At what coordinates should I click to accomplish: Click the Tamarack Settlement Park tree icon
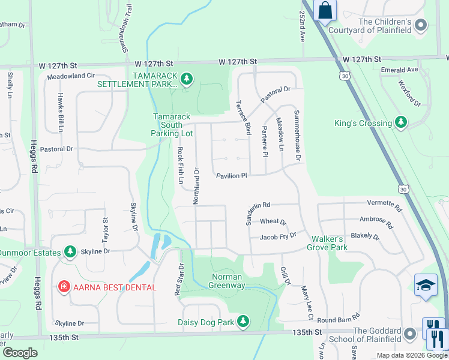click(187, 78)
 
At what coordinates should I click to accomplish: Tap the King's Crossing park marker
click(401, 122)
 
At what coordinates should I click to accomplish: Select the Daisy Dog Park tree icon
click(243, 322)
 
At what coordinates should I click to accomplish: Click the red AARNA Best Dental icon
click(64, 287)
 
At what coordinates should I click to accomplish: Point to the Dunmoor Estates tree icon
click(70, 251)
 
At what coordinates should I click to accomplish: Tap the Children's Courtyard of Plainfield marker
click(421, 25)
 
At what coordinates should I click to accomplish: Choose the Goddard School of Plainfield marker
click(410, 334)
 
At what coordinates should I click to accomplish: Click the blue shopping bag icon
click(325, 10)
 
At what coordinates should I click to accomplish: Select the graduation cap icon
click(426, 284)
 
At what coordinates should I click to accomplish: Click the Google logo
click(20, 352)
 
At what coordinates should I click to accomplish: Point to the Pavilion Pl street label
click(232, 176)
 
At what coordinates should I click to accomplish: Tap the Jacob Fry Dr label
click(278, 236)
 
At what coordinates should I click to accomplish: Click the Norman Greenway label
click(227, 281)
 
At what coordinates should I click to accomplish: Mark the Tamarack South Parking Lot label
click(173, 125)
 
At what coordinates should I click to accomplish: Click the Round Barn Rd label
click(339, 318)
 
